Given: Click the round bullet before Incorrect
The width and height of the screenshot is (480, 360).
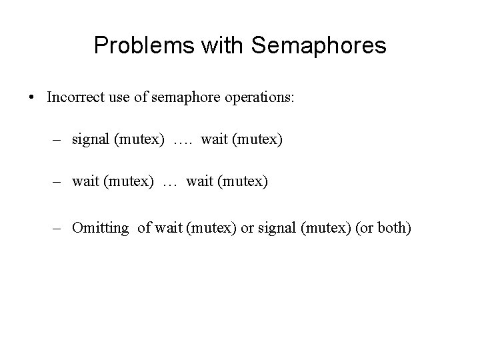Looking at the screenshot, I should [x=32, y=98].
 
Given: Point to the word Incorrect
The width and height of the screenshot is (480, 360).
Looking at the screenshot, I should [x=73, y=97].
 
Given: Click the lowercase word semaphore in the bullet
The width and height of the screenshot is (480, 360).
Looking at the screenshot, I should [x=179, y=98].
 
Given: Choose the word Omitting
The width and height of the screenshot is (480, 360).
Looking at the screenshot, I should [x=101, y=229].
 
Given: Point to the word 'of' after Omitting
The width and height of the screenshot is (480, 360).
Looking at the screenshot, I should [x=144, y=228].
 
